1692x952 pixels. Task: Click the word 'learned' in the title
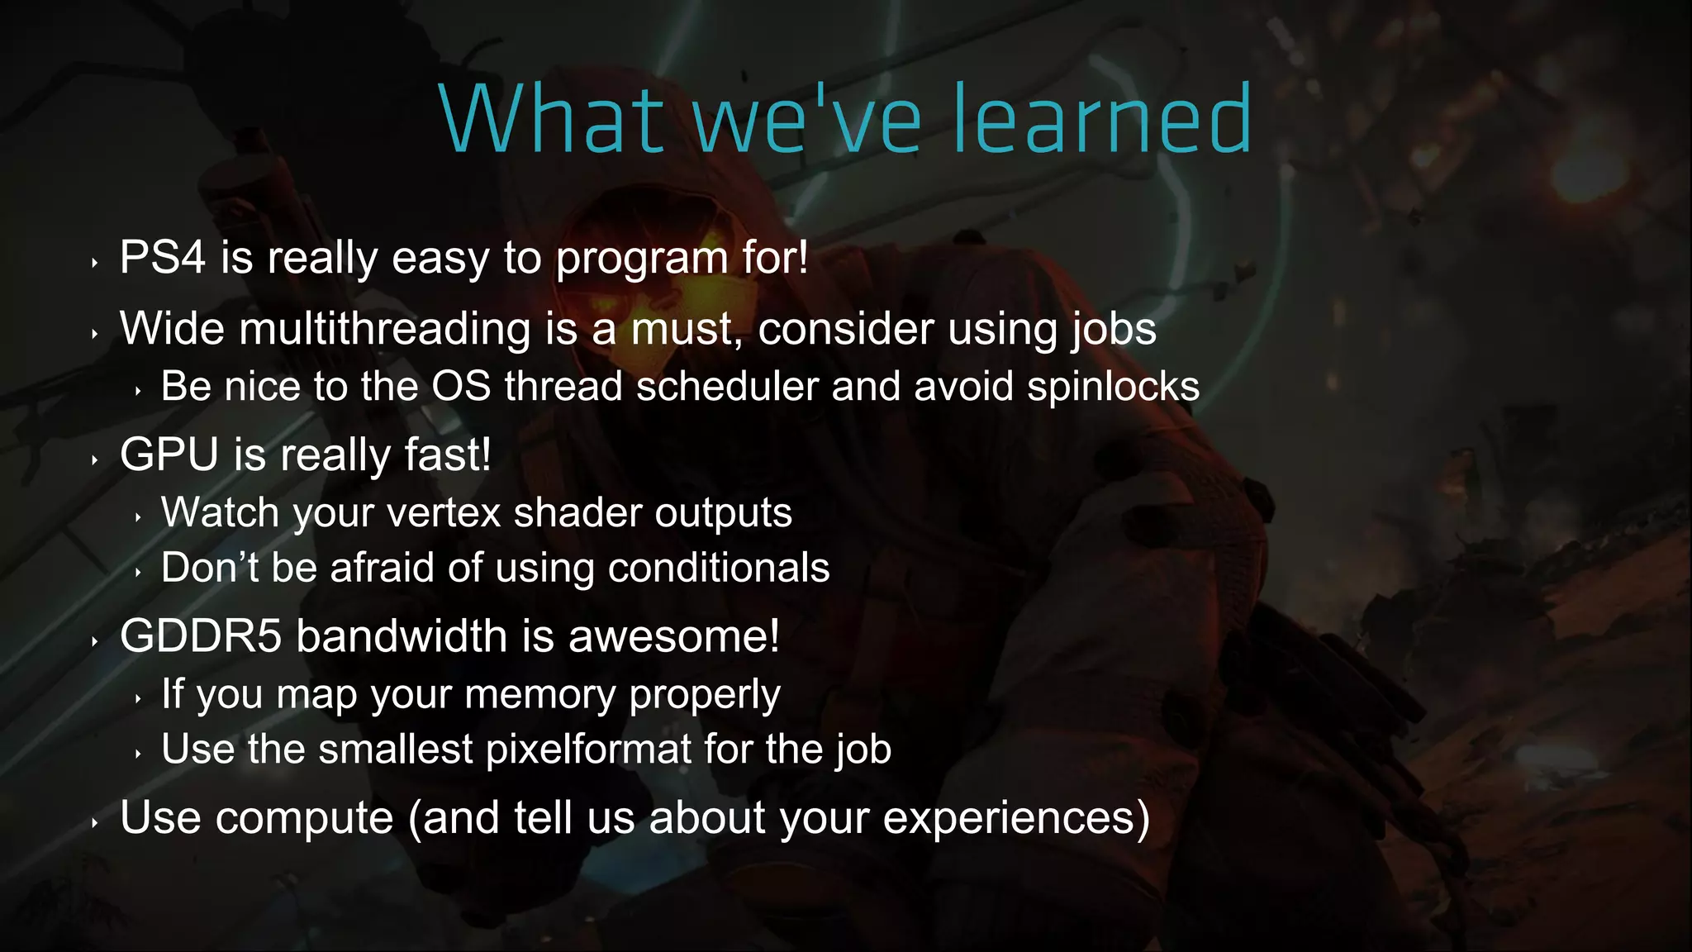tap(1103, 121)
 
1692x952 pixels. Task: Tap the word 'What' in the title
tap(552, 121)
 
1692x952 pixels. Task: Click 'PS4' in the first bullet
tap(162, 257)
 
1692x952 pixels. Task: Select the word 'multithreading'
tap(385, 329)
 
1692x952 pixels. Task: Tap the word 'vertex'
tap(444, 512)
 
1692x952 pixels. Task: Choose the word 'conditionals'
tap(718, 569)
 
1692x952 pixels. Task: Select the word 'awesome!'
tap(673, 636)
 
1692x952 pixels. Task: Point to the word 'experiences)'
tap(1016, 818)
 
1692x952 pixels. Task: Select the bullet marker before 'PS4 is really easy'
tap(95, 264)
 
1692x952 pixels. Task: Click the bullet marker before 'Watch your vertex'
tap(138, 518)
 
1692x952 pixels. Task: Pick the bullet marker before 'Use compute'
tap(95, 823)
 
